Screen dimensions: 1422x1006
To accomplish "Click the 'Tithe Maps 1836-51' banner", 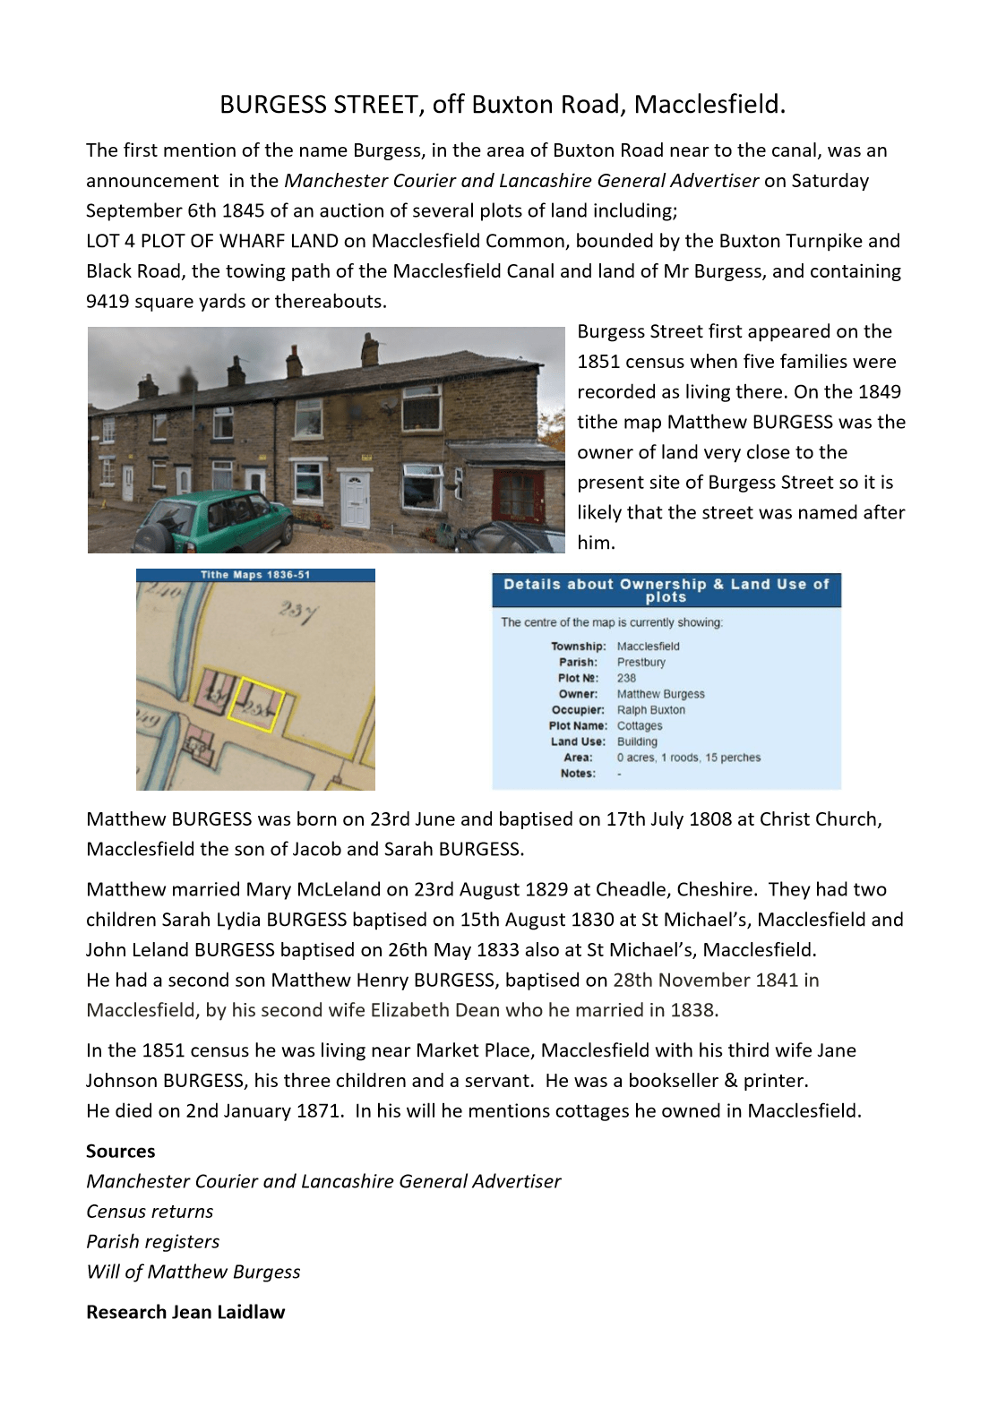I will click(255, 575).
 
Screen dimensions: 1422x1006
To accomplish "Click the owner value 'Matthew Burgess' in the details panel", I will click(660, 694).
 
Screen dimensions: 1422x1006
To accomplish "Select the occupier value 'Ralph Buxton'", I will click(650, 710).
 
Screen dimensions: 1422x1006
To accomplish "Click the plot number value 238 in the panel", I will click(626, 678).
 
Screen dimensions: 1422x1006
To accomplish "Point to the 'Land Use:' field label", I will click(578, 741).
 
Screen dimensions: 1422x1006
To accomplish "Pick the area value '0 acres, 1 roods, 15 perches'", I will click(688, 758).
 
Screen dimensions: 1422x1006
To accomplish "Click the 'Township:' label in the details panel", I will click(578, 647).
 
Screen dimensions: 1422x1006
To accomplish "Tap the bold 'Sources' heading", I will click(121, 1152).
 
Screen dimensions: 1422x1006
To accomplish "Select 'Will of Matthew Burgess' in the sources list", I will click(193, 1272).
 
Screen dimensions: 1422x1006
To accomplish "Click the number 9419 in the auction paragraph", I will click(107, 302).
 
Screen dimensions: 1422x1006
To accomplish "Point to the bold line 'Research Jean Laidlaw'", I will click(185, 1312).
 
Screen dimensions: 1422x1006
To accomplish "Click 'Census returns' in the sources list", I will click(150, 1212).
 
